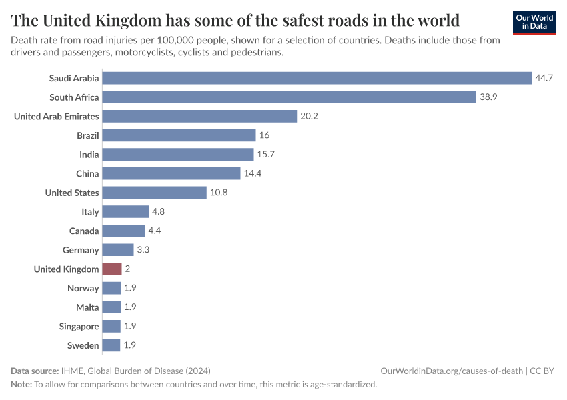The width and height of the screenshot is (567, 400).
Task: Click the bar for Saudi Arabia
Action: [x=317, y=78]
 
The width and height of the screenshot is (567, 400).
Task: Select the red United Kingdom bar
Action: [x=112, y=269]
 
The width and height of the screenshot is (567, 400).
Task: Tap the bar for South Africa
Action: [x=289, y=97]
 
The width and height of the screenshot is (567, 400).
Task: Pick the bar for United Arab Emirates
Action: [x=199, y=117]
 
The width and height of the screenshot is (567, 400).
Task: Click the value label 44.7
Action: [x=544, y=78]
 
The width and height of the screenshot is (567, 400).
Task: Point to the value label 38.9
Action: [x=488, y=97]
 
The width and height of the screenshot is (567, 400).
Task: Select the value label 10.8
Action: [x=219, y=193]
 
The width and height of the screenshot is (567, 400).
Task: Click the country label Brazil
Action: [x=88, y=135]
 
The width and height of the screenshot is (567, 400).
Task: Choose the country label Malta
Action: [x=87, y=307]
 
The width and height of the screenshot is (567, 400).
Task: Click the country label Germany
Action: [x=81, y=250]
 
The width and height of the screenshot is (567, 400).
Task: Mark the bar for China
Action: [x=171, y=173]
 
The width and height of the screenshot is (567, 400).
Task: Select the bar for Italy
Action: [x=125, y=212]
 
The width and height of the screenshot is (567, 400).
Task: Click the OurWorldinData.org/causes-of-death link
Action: [x=452, y=371]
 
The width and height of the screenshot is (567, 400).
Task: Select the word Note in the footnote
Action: [x=21, y=385]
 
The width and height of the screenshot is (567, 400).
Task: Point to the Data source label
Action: [x=35, y=371]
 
